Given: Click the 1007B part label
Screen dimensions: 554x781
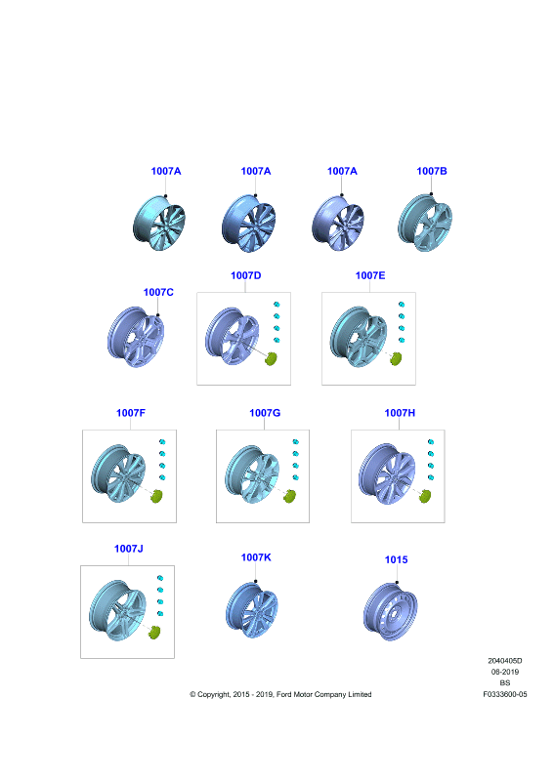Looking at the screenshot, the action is coord(431,171).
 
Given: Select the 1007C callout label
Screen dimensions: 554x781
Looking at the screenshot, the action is coord(158,292).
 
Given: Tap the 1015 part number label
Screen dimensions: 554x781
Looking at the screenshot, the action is coord(396,559).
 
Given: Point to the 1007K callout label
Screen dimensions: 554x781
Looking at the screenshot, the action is coord(256,557).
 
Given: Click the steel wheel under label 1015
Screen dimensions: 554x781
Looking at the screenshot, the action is coord(391,612).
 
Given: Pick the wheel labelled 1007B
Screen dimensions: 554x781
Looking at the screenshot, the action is coord(425,224).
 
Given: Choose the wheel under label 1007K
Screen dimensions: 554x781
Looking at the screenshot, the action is coord(252,610).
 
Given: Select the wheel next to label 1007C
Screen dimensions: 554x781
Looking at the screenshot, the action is coord(136,337).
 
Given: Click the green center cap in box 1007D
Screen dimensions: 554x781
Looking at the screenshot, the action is coord(271,358).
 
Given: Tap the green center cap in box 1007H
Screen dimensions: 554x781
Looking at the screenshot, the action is coord(425,496).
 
